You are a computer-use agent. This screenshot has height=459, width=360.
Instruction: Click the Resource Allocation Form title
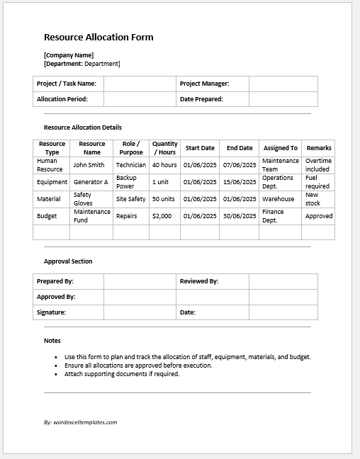[x=99, y=38]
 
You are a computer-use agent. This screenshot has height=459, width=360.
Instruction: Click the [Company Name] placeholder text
[x=69, y=55]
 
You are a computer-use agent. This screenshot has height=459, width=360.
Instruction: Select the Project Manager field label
[x=204, y=84]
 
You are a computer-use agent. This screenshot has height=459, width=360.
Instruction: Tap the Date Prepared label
[x=201, y=99]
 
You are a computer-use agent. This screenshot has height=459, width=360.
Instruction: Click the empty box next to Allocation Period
[x=140, y=99]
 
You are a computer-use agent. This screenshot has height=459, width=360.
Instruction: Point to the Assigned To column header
[x=280, y=148]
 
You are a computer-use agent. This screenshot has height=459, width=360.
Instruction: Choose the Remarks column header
[x=319, y=148]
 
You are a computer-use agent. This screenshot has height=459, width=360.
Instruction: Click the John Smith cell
[x=89, y=165]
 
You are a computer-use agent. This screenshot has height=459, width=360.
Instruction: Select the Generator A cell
[x=91, y=182]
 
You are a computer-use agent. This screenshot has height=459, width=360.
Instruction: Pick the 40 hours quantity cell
[x=164, y=165]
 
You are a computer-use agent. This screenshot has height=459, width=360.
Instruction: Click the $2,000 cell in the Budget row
[x=162, y=216]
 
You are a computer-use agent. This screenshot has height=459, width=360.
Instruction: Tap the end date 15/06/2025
[x=240, y=182]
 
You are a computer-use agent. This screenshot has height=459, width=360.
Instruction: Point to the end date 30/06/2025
[x=240, y=216]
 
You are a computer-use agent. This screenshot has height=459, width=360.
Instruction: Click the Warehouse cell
[x=278, y=199]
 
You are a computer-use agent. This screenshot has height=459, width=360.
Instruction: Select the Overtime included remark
[x=318, y=165]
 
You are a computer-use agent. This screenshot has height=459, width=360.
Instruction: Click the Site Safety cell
[x=130, y=199]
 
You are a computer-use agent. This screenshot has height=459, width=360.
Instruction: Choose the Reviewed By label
[x=199, y=281]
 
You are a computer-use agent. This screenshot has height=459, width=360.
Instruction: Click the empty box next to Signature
[x=140, y=312]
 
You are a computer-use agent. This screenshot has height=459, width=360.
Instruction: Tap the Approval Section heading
[x=68, y=261]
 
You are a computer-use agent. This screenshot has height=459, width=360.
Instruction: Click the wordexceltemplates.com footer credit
[x=80, y=422]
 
